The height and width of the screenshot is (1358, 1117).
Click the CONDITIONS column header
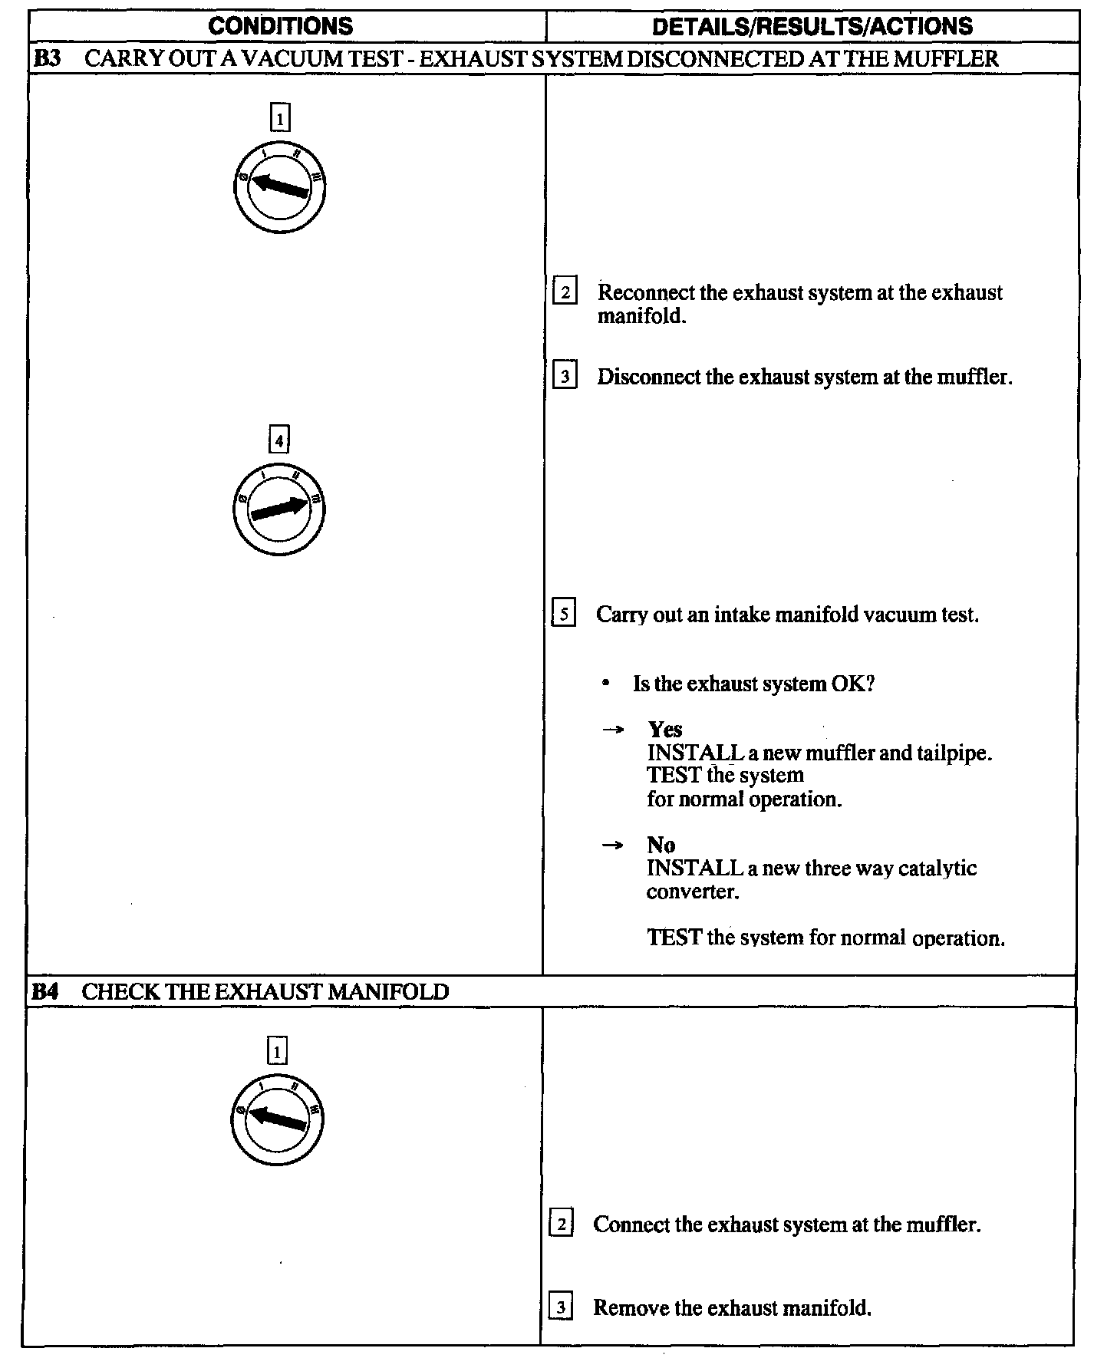tap(281, 26)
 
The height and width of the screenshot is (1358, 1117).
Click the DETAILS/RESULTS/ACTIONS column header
tap(812, 26)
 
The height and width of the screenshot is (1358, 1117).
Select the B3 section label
tap(48, 58)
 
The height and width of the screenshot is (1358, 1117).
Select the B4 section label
tap(45, 991)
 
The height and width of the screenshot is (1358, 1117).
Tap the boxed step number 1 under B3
tap(280, 118)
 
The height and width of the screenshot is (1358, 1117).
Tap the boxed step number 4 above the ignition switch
tap(278, 440)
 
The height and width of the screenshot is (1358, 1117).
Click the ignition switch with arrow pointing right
tap(278, 509)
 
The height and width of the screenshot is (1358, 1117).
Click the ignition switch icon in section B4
tap(277, 1119)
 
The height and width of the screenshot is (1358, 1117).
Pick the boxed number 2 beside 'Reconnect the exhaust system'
tap(565, 292)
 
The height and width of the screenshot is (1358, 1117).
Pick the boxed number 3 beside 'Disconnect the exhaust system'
tap(565, 377)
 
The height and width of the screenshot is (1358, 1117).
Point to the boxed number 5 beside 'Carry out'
tap(564, 615)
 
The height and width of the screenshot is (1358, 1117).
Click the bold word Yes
tap(664, 729)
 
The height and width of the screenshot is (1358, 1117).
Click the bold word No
tap(661, 845)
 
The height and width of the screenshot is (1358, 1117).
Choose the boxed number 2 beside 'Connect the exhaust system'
tap(561, 1224)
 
